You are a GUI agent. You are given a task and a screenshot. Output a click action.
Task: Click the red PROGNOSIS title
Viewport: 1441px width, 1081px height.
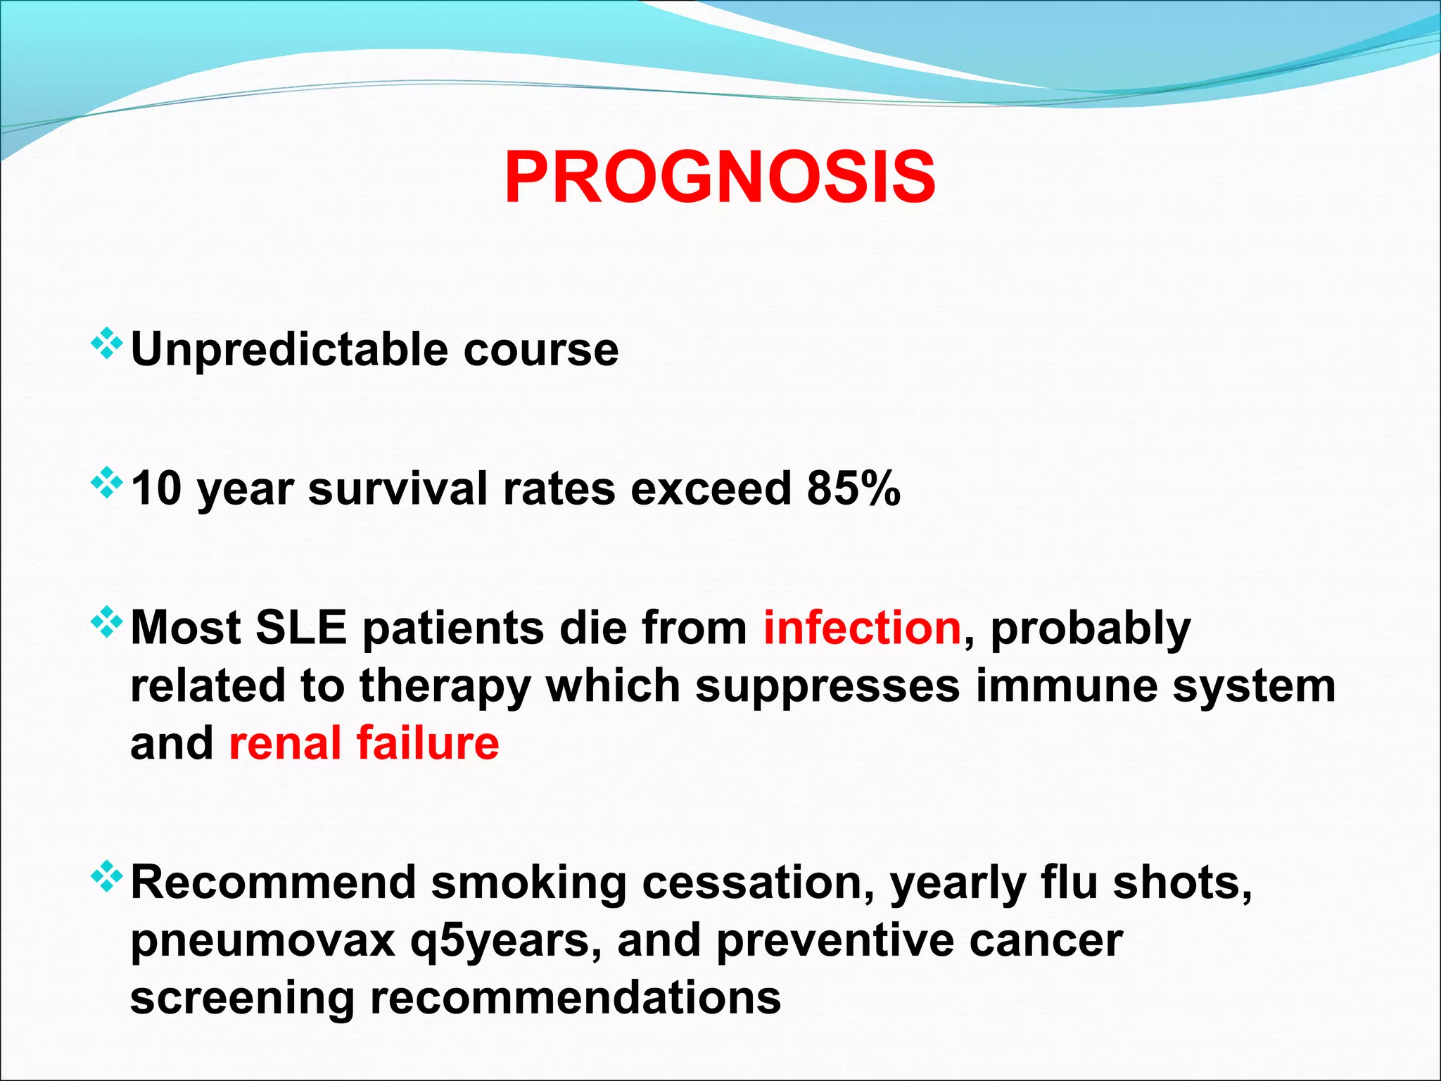[x=720, y=178]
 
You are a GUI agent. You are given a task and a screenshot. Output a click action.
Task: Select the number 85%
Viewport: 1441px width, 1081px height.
[x=853, y=488]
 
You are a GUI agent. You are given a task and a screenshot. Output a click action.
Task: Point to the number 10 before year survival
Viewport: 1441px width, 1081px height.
[x=157, y=488]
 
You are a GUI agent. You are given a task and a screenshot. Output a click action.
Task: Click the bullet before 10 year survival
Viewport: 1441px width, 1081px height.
[x=107, y=483]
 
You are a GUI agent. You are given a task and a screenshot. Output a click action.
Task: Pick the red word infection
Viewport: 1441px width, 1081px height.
[x=862, y=627]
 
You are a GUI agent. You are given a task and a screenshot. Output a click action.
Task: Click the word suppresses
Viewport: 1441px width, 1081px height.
[x=827, y=686]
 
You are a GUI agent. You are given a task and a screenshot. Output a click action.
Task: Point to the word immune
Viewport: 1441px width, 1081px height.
[x=1066, y=686]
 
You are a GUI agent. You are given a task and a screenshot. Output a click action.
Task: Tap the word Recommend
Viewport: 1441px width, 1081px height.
[x=274, y=883]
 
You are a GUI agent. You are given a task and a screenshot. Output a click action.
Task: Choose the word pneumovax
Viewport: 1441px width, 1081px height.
[x=263, y=941]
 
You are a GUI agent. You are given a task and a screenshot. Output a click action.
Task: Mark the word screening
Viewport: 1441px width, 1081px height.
[x=243, y=999]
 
